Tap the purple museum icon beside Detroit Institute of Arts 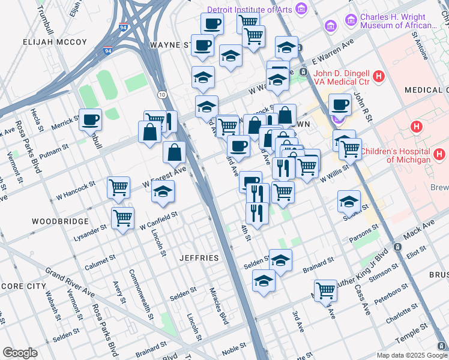[301, 10]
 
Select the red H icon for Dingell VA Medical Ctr [378, 77]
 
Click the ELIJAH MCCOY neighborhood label [55, 43]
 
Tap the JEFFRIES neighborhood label [199, 258]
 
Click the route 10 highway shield [163, 95]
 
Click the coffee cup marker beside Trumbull [91, 120]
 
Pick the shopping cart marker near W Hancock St [119, 187]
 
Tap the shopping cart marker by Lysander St [122, 217]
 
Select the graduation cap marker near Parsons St [348, 202]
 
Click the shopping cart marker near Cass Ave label [325, 290]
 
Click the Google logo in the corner [20, 353]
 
